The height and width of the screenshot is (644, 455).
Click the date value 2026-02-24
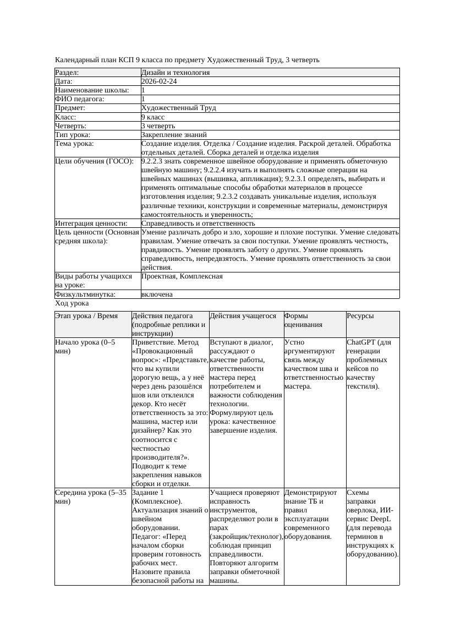(159, 81)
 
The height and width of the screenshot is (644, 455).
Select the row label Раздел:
(67, 73)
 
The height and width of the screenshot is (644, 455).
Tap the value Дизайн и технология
(175, 73)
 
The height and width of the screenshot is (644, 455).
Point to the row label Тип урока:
(73, 135)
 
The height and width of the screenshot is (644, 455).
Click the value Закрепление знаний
(174, 135)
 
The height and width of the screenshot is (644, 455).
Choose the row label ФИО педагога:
(80, 99)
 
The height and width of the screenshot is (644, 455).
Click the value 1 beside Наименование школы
(144, 90)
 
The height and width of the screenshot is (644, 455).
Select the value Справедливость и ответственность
(198, 223)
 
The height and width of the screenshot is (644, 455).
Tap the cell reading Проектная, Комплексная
(182, 276)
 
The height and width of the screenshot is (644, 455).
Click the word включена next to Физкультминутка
(157, 294)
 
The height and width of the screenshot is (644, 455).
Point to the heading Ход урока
(72, 303)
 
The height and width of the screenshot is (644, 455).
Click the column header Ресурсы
(360, 316)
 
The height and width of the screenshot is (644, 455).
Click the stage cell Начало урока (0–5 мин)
(85, 347)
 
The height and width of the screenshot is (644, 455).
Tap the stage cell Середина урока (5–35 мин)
(91, 497)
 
